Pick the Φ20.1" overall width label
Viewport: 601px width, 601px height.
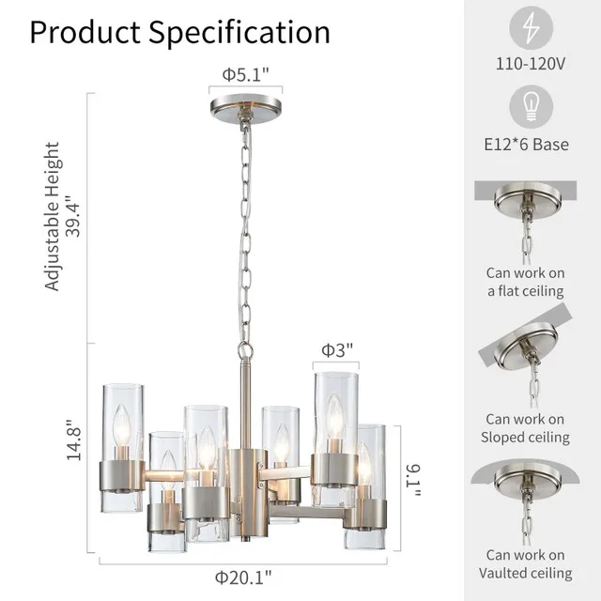pos(242,576)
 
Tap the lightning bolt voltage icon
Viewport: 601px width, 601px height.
pos(532,28)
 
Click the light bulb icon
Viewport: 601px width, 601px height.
pos(532,108)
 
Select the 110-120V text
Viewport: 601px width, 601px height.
pos(532,66)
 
